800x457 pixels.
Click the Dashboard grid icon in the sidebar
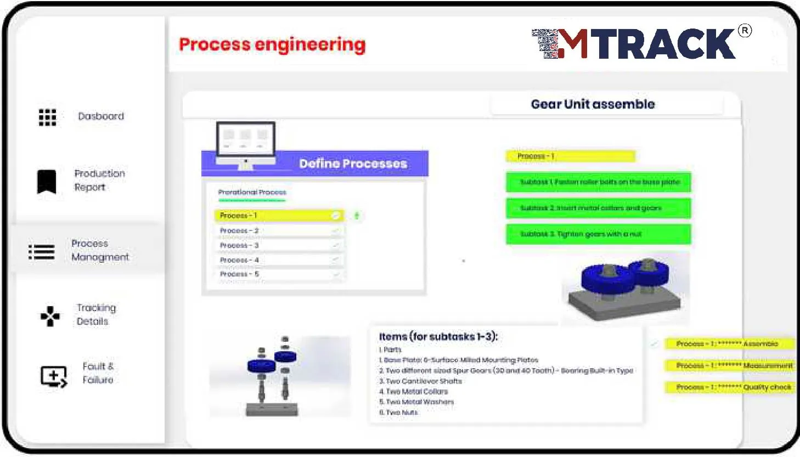pyautogui.click(x=47, y=117)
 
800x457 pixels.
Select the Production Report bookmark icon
pyautogui.click(x=47, y=181)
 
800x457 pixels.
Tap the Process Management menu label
pyautogui.click(x=100, y=250)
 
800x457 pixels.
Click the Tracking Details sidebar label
pyautogui.click(x=96, y=314)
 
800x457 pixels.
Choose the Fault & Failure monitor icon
pyautogui.click(x=53, y=376)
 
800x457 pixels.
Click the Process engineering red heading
pyautogui.click(x=272, y=44)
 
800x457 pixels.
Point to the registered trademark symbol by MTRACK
pyautogui.click(x=745, y=31)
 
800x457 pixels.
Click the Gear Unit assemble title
pyautogui.click(x=593, y=104)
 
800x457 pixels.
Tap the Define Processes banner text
pyautogui.click(x=353, y=163)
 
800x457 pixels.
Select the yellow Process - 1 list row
pyautogui.click(x=278, y=216)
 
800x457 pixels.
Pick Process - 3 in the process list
pyautogui.click(x=278, y=245)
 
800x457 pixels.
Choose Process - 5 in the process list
pyautogui.click(x=278, y=274)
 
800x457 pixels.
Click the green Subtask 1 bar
pyautogui.click(x=598, y=182)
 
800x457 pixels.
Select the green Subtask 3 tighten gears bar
pyautogui.click(x=598, y=234)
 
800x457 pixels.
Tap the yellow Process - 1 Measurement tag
pyautogui.click(x=730, y=365)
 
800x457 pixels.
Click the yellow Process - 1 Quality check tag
pyautogui.click(x=730, y=387)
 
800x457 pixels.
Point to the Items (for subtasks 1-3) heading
pyautogui.click(x=438, y=337)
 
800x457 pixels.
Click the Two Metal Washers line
pyautogui.click(x=420, y=402)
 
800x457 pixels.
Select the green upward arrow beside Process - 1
pyautogui.click(x=357, y=216)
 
